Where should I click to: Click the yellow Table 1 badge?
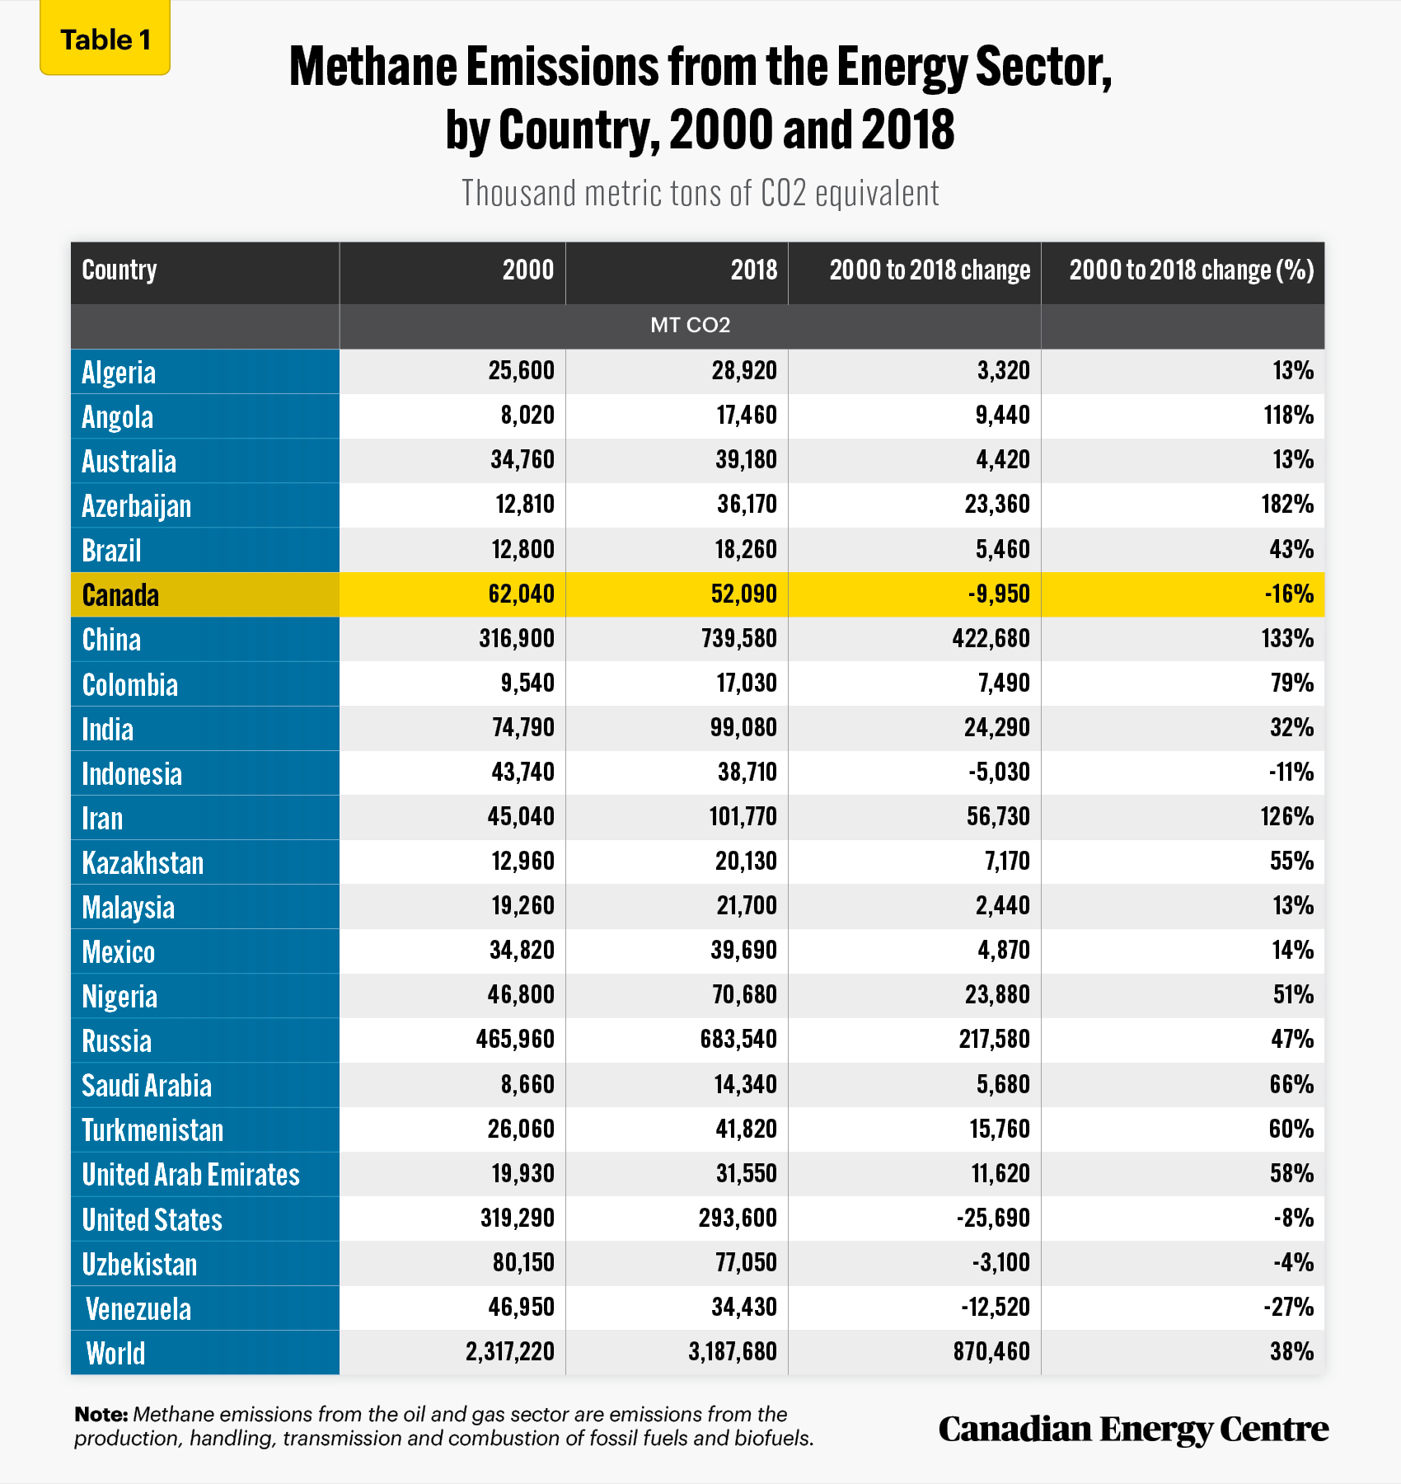[105, 39]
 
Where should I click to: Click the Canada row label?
[120, 594]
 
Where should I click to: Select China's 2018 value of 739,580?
[739, 639]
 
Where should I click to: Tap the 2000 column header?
[528, 270]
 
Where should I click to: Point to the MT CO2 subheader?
[690, 325]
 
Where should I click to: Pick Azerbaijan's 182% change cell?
[1287, 505]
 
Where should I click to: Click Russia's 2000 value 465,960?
[515, 1039]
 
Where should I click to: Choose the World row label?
[115, 1353]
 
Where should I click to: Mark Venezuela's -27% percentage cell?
[1289, 1307]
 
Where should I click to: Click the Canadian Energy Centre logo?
[1133, 1429]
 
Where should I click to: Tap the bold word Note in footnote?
[101, 1415]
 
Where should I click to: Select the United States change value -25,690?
[993, 1218]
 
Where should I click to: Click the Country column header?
[119, 270]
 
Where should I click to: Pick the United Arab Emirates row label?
[190, 1175]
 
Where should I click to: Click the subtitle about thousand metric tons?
[700, 193]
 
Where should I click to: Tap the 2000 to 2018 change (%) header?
[1192, 270]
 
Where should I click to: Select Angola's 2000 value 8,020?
[527, 415]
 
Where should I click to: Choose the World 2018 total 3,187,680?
[733, 1351]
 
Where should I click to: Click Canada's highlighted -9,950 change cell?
[999, 594]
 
